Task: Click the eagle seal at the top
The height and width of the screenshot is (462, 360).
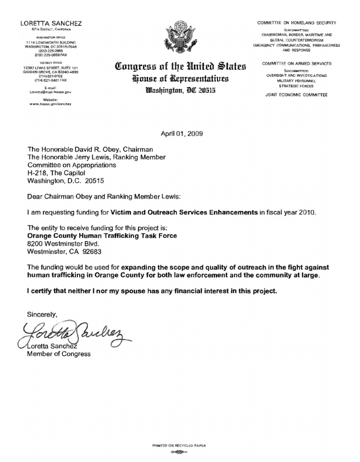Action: click(180, 38)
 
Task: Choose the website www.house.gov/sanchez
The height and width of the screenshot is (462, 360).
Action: click(44, 104)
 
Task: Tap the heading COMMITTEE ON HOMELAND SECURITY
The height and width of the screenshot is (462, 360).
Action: click(296, 23)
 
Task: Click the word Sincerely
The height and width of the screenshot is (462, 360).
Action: click(42, 315)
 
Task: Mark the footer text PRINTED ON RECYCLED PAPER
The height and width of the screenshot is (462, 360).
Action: click(180, 445)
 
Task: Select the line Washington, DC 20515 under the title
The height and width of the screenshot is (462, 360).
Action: click(180, 90)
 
